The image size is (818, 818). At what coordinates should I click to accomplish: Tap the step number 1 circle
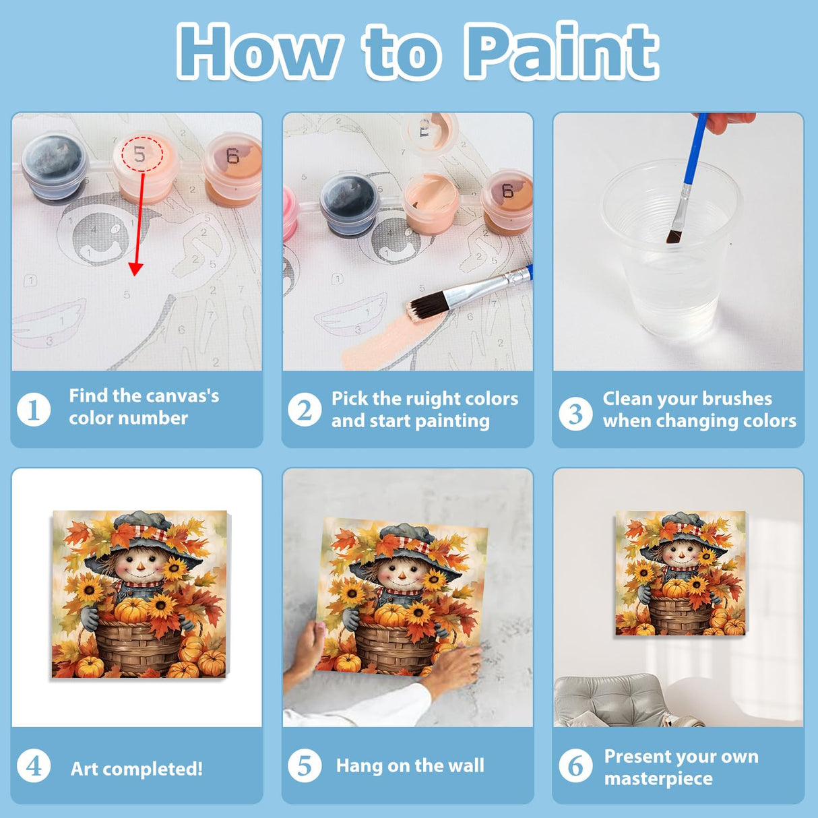coord(34,410)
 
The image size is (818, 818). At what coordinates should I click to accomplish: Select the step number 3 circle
coord(575,413)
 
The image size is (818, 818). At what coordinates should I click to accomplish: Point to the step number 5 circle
coord(305,766)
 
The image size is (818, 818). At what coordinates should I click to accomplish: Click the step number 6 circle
coord(575,766)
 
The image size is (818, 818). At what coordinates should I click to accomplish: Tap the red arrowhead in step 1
coord(135,269)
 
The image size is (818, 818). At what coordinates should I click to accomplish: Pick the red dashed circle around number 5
coord(142,154)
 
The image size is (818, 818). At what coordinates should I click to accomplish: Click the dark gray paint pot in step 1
coord(55,166)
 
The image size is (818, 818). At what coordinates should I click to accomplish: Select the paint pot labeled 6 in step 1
coord(232,170)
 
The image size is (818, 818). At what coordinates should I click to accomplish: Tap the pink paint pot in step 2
coord(290,213)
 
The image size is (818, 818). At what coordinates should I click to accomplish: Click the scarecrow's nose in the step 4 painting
coord(141,566)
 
